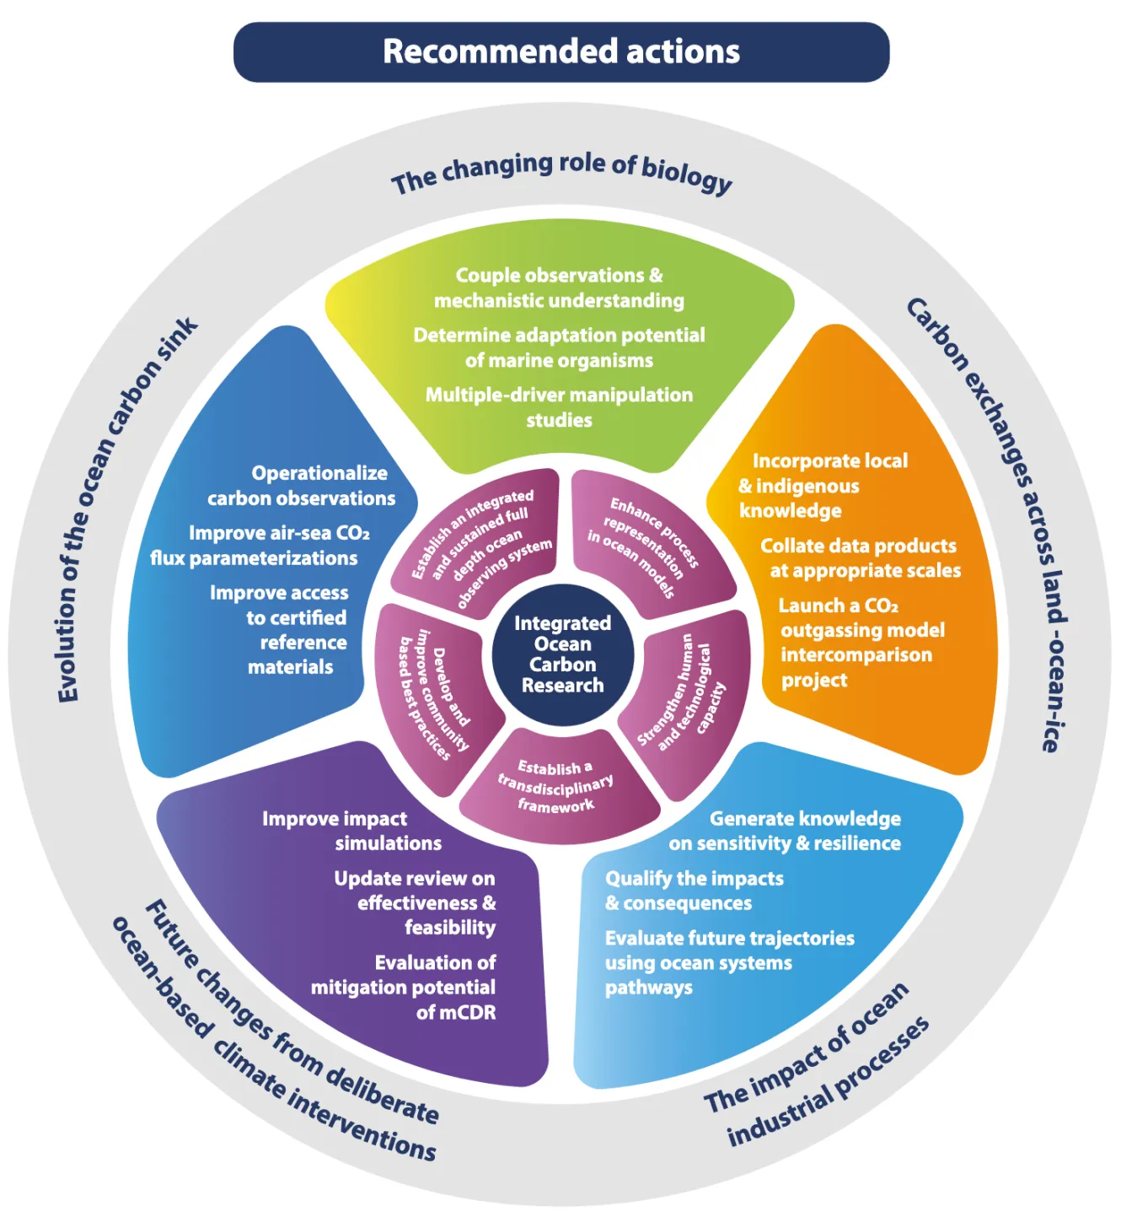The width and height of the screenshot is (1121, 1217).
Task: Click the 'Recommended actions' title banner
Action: pyautogui.click(x=561, y=51)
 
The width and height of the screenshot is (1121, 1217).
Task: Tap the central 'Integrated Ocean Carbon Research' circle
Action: pyautogui.click(x=562, y=654)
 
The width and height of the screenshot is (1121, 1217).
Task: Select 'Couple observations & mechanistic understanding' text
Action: pyautogui.click(x=559, y=288)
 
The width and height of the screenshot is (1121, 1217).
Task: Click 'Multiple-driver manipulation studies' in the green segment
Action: pyautogui.click(x=559, y=407)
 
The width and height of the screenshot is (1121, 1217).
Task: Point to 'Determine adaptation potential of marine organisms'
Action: pyautogui.click(x=559, y=347)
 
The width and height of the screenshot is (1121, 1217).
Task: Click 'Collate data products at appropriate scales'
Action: pyautogui.click(x=859, y=558)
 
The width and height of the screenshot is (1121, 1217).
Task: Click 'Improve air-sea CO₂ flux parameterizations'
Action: pyautogui.click(x=262, y=546)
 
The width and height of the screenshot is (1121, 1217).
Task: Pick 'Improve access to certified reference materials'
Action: pyautogui.click(x=287, y=630)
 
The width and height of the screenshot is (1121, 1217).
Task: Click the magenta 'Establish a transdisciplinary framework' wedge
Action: pyautogui.click(x=556, y=786)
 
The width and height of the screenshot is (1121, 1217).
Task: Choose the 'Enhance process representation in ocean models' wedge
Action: pyautogui.click(x=645, y=546)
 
